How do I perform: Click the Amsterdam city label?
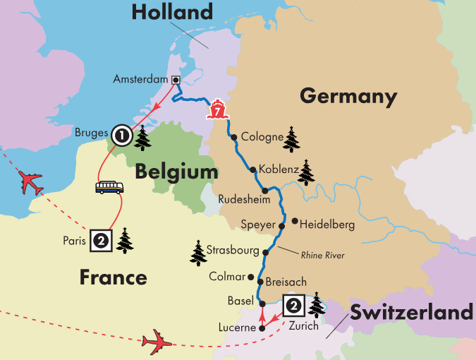tap(141, 79)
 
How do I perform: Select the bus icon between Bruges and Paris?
tap(109, 188)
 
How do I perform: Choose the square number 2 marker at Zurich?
tap(293, 306)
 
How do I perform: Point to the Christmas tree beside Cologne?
tap(292, 139)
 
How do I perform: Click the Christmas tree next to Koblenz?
tap(306, 172)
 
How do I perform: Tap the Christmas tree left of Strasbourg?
tap(198, 253)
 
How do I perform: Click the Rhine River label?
tap(322, 256)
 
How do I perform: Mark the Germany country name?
tap(348, 96)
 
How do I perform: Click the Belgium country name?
tap(177, 172)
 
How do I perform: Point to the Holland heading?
tap(171, 13)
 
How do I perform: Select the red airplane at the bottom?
tap(157, 342)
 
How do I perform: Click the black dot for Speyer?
tap(281, 226)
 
